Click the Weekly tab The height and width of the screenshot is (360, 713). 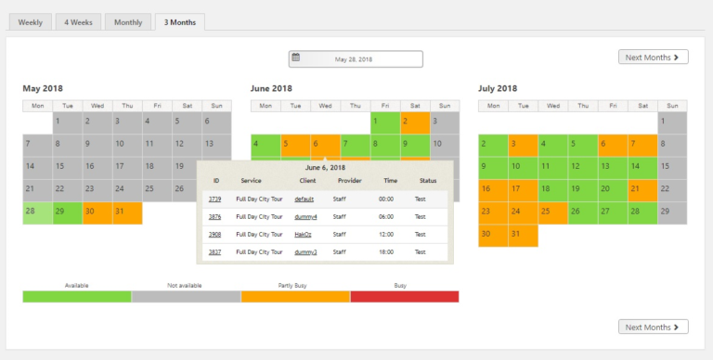[29, 21]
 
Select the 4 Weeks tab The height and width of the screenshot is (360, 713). [78, 21]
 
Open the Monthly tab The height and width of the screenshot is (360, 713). [128, 21]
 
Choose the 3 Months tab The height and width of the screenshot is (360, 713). [180, 21]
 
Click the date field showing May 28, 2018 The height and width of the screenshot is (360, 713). [356, 58]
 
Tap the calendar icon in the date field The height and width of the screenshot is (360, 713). [296, 58]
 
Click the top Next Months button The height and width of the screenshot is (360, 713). [654, 58]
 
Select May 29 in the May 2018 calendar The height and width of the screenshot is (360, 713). [68, 212]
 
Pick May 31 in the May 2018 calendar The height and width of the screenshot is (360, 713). [127, 212]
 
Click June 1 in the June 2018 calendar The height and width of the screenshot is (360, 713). [384, 122]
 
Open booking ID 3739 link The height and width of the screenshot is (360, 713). [214, 199]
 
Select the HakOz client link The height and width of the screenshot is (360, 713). [304, 234]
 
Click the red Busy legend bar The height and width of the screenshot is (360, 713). [405, 296]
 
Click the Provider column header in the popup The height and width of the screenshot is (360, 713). [350, 180]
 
